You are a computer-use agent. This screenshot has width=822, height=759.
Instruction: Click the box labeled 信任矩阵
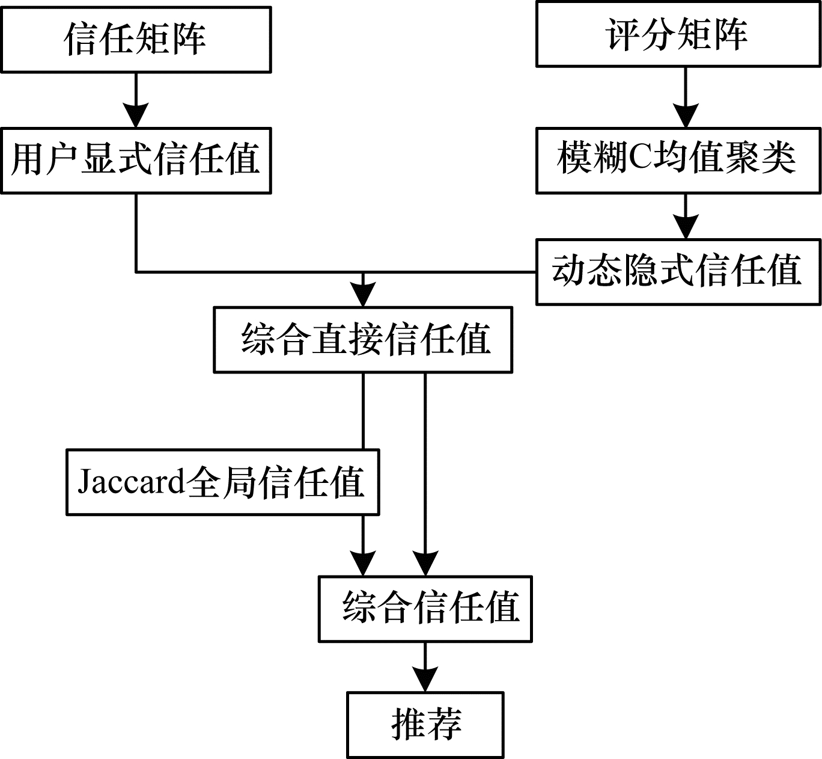136,39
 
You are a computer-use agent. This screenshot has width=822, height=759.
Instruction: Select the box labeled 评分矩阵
678,34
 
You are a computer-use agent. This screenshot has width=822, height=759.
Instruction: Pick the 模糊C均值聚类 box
678,160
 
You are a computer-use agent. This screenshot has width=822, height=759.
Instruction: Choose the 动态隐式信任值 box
678,272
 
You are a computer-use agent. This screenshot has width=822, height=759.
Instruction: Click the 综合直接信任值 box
363,340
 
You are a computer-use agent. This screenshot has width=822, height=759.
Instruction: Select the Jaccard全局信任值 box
222,482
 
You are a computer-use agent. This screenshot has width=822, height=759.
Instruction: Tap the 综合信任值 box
425,609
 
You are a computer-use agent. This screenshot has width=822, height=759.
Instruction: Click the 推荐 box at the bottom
425,725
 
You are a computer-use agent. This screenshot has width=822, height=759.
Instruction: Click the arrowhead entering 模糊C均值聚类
686,115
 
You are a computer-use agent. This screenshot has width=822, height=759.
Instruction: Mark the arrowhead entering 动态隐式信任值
686,227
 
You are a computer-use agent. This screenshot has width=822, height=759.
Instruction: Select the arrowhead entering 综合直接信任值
363,295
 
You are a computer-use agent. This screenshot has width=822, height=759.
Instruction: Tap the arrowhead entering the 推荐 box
425,680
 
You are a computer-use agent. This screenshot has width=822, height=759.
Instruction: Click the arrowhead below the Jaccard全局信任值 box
363,564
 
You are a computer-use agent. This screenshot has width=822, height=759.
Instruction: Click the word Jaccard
130,482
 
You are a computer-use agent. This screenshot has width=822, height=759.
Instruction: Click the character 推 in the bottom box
409,725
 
